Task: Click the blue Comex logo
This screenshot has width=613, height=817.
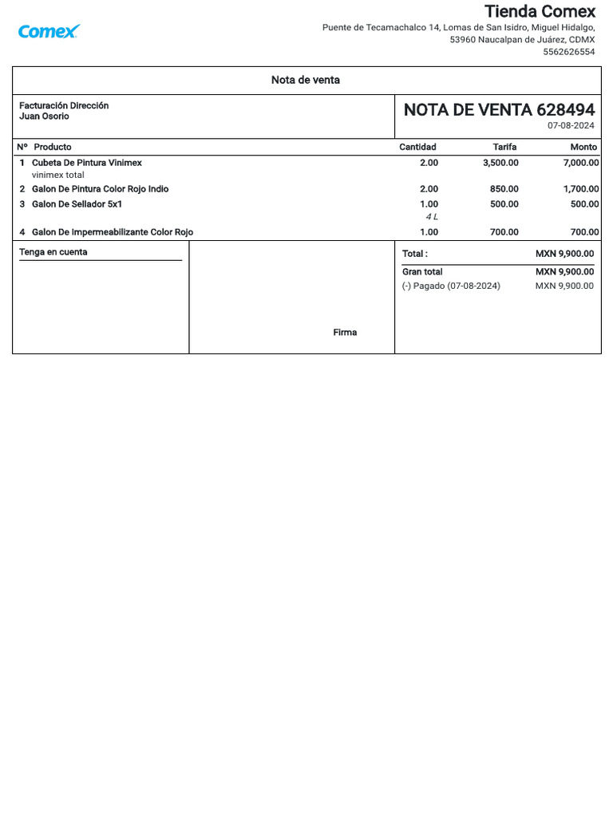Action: (49, 32)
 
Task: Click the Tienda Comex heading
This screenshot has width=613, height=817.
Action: (540, 11)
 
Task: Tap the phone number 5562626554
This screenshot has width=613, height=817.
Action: (568, 52)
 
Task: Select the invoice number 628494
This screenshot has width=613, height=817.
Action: (565, 110)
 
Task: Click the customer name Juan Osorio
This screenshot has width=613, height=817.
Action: (44, 116)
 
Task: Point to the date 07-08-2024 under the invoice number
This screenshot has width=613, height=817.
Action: (571, 126)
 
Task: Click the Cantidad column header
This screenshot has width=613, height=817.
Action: (417, 147)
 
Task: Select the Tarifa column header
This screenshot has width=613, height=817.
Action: (504, 147)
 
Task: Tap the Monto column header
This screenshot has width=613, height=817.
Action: (583, 147)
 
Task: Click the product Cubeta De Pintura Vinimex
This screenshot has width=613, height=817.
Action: (86, 163)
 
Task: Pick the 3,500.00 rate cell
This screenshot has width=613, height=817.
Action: (500, 163)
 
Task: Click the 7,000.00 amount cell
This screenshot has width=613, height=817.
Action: (580, 163)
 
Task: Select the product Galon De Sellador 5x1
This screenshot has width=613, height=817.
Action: (77, 204)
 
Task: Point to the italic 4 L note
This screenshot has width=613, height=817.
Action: (431, 217)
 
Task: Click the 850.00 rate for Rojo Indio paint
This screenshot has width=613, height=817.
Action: (504, 189)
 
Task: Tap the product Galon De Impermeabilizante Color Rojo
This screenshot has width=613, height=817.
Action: (112, 232)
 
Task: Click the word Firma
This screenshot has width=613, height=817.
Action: (345, 333)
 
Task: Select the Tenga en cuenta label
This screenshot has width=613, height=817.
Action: (53, 252)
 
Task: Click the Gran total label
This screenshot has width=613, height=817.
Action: (422, 272)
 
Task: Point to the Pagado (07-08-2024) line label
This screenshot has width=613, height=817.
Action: (451, 286)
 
